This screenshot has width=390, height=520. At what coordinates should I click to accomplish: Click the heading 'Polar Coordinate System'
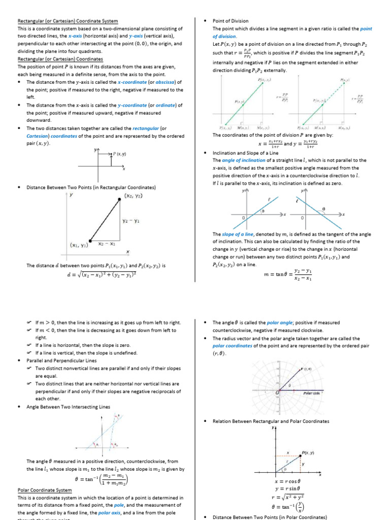pyautogui.click(x=45, y=490)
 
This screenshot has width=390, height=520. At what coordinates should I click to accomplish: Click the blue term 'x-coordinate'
pyautogui.click(x=132, y=82)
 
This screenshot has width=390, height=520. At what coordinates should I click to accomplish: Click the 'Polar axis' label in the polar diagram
pyautogui.click(x=311, y=393)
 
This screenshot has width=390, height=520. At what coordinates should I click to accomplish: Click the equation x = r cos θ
pyautogui.click(x=287, y=480)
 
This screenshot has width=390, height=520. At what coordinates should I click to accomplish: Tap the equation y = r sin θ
pyautogui.click(x=287, y=489)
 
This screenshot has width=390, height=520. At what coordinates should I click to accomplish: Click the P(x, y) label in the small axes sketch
pyautogui.click(x=120, y=153)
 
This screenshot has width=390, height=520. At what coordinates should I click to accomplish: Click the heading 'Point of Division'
pyautogui.click(x=231, y=21)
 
